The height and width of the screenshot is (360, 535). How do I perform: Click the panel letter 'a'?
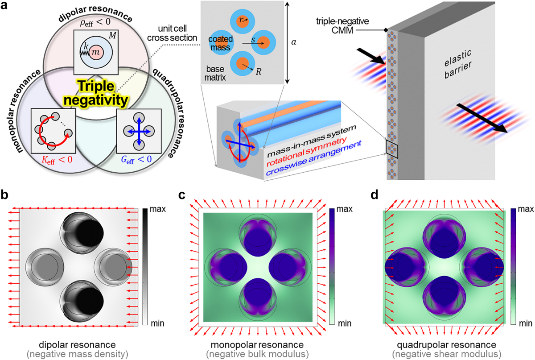click(6, 8)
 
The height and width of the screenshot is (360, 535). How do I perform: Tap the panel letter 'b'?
click(7, 195)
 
